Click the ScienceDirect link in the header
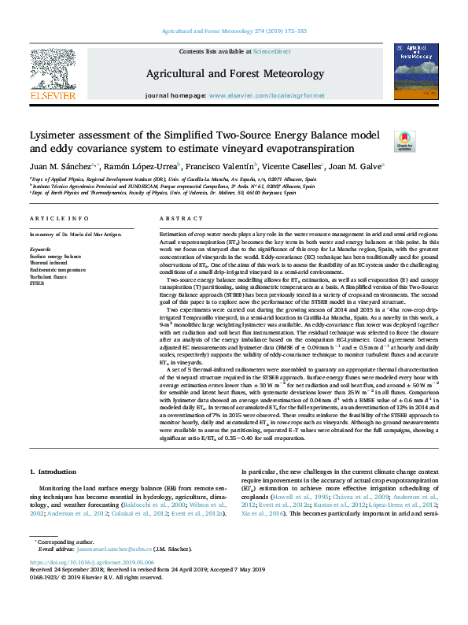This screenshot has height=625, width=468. (x=266, y=51)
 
